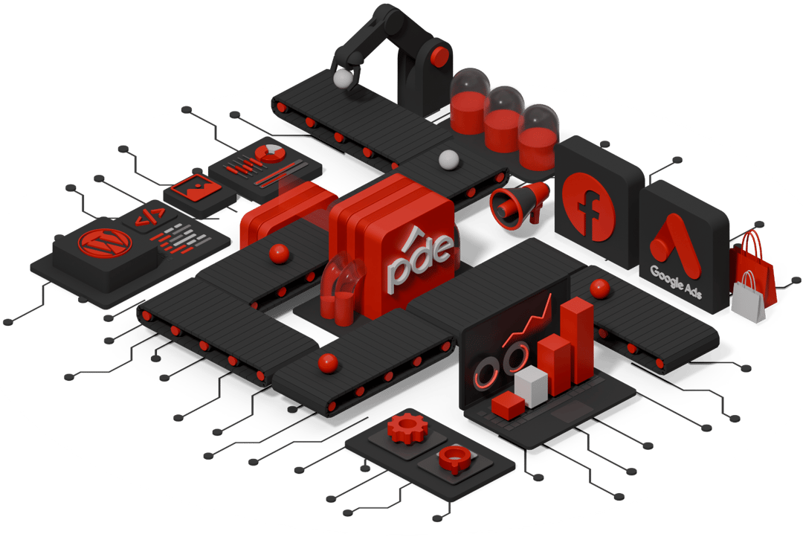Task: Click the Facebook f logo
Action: click(588, 205)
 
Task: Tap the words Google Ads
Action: click(675, 281)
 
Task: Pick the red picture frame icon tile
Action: click(196, 187)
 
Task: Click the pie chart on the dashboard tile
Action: click(269, 153)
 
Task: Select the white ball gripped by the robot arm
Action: click(343, 78)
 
